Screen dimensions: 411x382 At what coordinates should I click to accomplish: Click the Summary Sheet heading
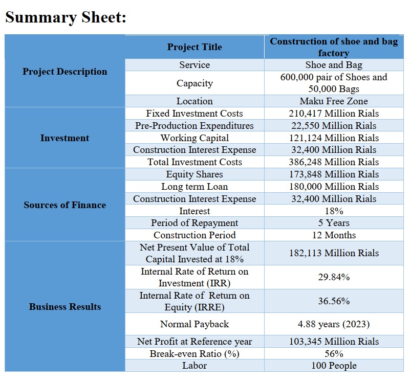[66, 17]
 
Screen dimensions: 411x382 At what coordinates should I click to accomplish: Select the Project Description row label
[64, 72]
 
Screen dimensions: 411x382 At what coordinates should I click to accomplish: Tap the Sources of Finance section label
[64, 205]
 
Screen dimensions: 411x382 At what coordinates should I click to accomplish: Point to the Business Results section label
[64, 307]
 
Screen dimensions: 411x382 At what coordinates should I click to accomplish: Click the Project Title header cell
[194, 47]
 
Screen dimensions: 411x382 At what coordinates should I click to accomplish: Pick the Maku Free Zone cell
[334, 101]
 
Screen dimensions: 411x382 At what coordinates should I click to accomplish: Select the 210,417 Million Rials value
[334, 114]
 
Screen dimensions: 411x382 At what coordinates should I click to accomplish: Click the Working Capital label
[194, 138]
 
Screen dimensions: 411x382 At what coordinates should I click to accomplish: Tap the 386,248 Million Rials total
[334, 162]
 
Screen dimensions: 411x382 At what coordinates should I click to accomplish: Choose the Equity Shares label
[194, 174]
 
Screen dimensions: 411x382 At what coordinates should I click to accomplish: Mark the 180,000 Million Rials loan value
[334, 187]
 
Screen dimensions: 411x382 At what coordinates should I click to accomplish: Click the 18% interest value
[334, 211]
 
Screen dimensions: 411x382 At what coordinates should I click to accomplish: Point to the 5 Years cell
[334, 223]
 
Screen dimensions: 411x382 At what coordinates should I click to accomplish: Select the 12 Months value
[334, 235]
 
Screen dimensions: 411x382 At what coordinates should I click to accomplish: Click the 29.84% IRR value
[334, 277]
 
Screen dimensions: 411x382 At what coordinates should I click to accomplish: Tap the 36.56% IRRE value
[334, 301]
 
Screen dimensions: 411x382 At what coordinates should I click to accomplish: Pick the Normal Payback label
[194, 324]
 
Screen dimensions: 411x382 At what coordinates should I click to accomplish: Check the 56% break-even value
[334, 354]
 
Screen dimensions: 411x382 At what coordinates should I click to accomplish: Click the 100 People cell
[334, 366]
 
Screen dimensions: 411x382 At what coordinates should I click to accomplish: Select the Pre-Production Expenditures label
[194, 126]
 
